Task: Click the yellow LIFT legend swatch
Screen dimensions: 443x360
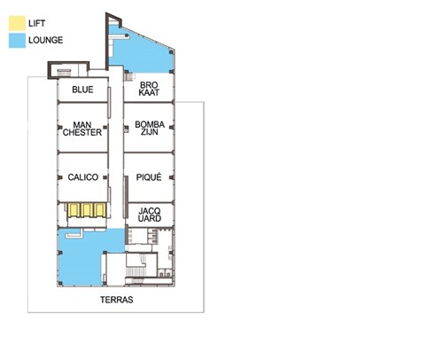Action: (x=17, y=23)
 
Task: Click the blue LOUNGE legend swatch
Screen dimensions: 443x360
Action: (x=17, y=41)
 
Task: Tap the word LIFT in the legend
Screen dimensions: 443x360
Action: (x=36, y=23)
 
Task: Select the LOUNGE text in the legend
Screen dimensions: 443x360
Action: (x=46, y=40)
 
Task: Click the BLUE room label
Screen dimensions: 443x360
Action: (x=82, y=90)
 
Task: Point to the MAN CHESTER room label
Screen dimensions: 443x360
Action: (x=82, y=129)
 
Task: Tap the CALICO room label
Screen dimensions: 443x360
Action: (x=83, y=177)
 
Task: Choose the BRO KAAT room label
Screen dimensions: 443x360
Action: (x=149, y=89)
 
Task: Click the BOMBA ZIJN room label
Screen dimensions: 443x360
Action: (x=150, y=128)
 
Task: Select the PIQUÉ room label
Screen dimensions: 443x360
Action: (x=149, y=177)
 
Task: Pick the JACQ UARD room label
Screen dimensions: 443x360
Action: (x=150, y=215)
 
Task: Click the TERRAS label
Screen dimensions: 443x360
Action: (x=117, y=300)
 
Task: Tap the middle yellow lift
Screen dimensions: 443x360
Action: (x=87, y=210)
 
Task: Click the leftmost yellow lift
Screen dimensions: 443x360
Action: (x=74, y=210)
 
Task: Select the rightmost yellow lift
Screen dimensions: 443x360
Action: (x=100, y=210)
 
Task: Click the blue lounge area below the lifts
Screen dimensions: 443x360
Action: (x=82, y=260)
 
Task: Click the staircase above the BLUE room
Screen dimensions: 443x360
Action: (x=64, y=73)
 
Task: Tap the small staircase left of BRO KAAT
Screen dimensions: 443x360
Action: (x=129, y=76)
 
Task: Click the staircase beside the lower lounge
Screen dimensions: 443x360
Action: (x=136, y=271)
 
